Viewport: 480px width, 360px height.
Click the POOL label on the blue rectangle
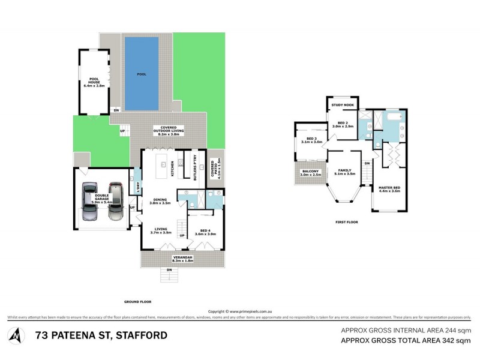click(x=142, y=74)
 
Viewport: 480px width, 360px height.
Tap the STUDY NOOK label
click(x=343, y=105)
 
